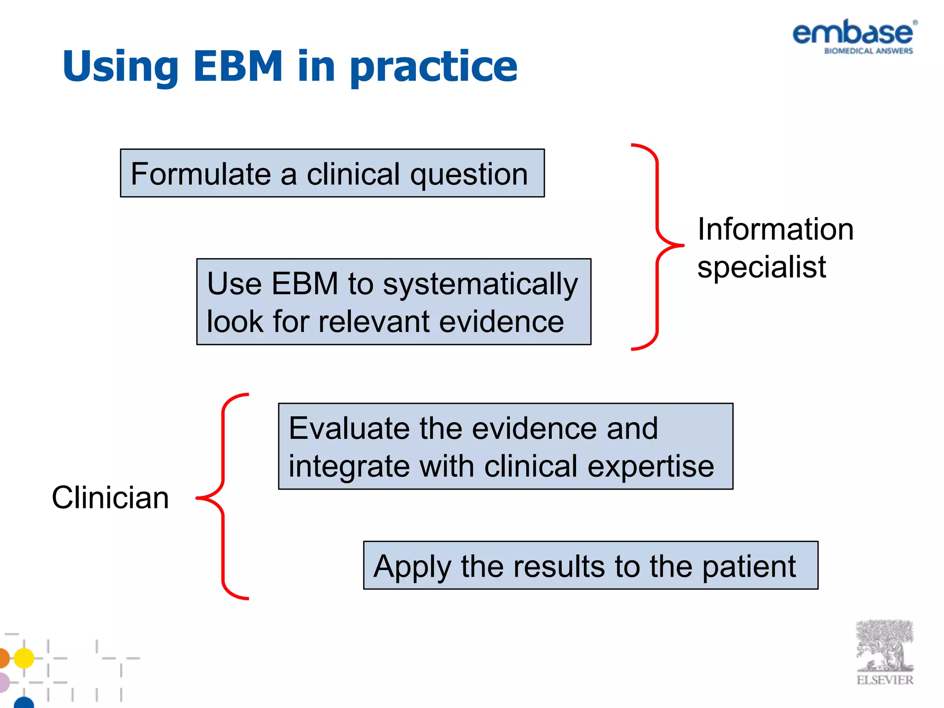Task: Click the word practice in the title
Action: pos(433,67)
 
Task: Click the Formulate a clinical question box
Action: pos(332,173)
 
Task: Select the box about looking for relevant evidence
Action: pos(393,302)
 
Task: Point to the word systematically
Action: pos(480,284)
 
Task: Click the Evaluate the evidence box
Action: pos(505,446)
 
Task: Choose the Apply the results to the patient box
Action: pos(590,566)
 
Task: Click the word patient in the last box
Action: pos(749,566)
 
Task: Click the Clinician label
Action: pos(110,498)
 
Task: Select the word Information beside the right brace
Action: pos(775,229)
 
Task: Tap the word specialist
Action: pos(761,267)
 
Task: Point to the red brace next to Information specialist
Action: pos(657,247)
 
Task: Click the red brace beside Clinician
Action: pos(223,497)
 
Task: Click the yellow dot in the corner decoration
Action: pos(24,658)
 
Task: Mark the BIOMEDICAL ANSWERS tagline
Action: pos(868,51)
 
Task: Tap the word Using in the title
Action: pos(120,67)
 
